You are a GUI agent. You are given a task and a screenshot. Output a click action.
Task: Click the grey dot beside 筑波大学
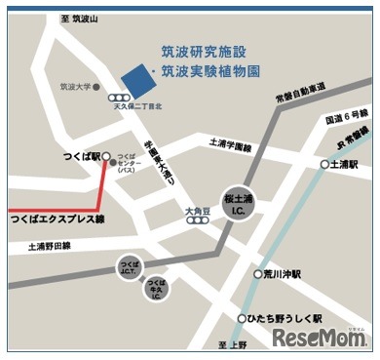(99, 87)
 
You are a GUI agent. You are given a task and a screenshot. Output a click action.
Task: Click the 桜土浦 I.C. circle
(240, 203)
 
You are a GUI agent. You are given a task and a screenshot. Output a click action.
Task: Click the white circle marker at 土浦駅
(324, 164)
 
